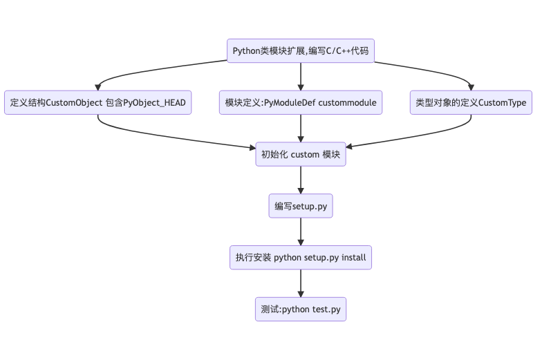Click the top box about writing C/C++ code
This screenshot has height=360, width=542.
click(301, 51)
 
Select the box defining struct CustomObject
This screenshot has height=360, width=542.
click(98, 103)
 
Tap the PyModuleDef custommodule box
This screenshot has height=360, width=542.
click(301, 103)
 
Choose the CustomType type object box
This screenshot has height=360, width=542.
click(471, 103)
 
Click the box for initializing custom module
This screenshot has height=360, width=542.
click(301, 155)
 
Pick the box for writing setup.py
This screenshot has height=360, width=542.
click(301, 206)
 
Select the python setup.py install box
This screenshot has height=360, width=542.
click(301, 258)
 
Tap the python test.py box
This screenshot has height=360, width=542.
click(301, 310)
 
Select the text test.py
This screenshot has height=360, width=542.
click(326, 310)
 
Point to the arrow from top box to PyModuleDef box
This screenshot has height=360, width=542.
click(301, 77)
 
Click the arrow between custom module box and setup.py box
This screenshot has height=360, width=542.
click(301, 180)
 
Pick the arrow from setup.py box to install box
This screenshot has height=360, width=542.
click(301, 232)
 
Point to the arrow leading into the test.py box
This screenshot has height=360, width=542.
click(301, 283)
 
